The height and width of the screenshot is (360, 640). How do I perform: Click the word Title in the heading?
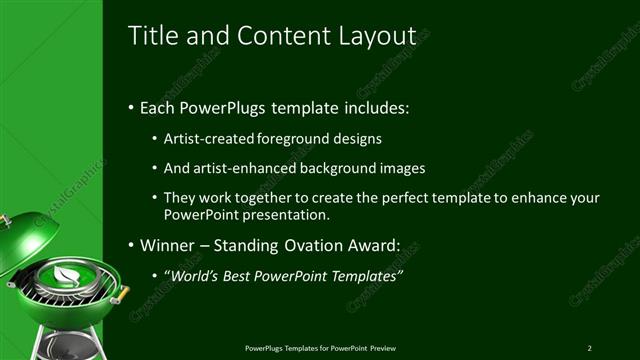coord(153,35)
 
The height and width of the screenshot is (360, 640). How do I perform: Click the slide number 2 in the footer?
coord(589,348)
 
